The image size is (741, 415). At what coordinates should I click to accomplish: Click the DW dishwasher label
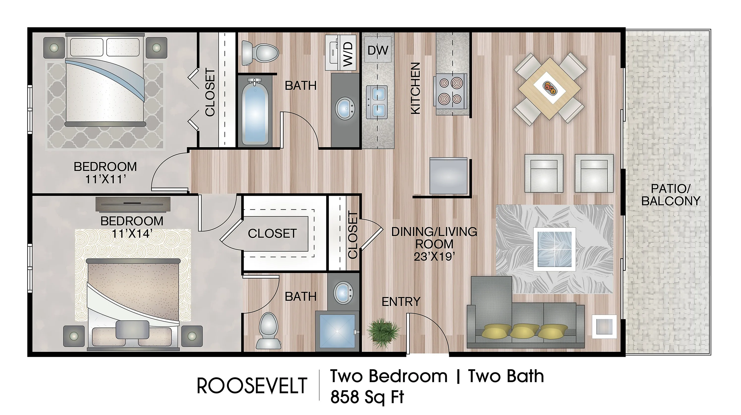tap(378, 50)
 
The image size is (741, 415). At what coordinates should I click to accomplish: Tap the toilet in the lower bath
tap(268, 330)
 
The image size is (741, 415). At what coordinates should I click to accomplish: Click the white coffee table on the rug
tap(554, 249)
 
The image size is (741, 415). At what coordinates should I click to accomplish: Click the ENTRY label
tap(401, 301)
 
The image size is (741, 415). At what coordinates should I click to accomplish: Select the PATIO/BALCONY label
tap(671, 195)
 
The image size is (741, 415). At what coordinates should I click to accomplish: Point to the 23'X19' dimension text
tap(434, 256)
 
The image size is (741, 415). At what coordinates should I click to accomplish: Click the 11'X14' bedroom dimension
tap(132, 233)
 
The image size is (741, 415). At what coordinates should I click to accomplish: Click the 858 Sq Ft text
tap(367, 397)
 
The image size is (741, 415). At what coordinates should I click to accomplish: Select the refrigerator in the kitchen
tap(448, 175)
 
